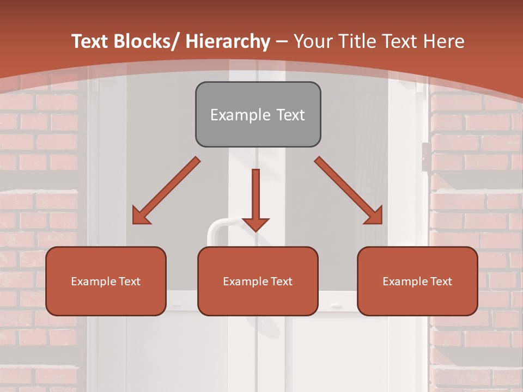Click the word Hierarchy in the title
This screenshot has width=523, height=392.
[228, 41]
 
